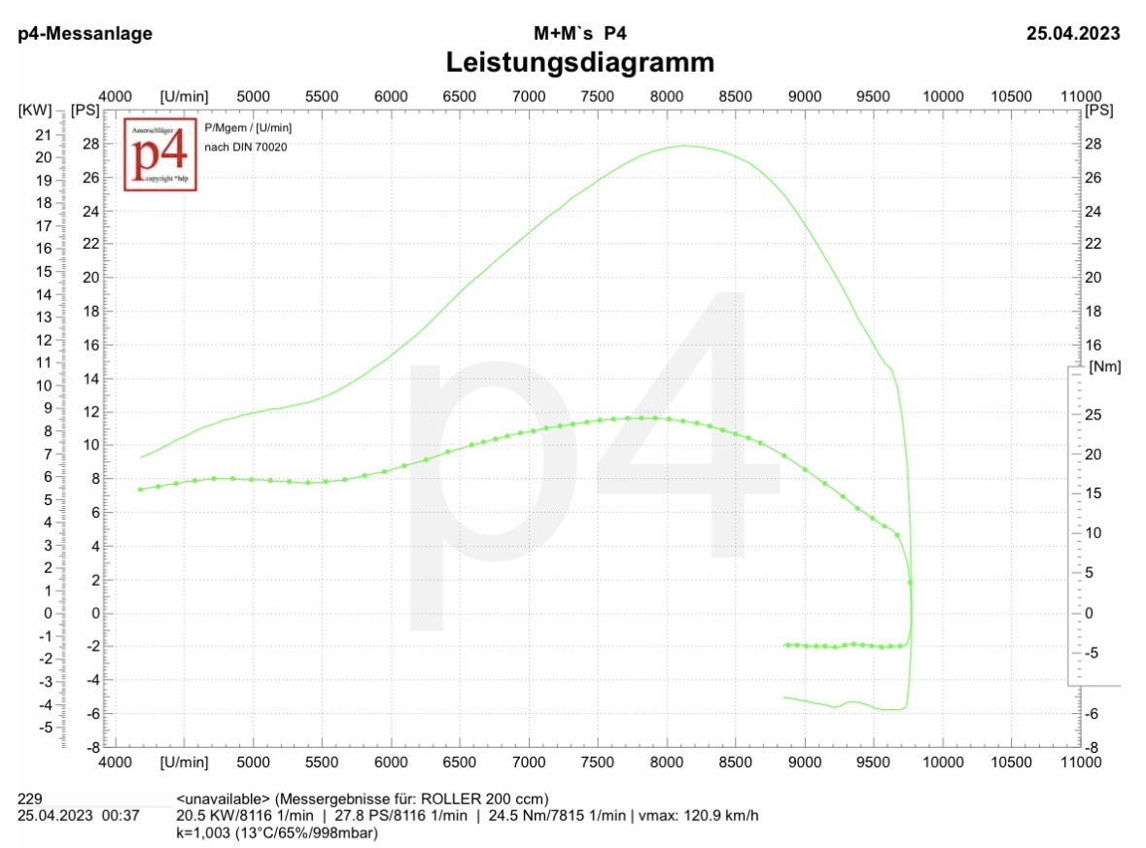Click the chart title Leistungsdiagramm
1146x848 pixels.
[x=579, y=63]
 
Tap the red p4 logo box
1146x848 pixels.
[x=160, y=154]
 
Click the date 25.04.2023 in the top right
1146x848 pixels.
[x=1073, y=34]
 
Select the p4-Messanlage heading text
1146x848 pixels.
[x=86, y=34]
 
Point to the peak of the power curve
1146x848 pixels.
[x=683, y=146]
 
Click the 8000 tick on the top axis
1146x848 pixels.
[x=667, y=96]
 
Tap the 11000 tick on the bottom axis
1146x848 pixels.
[x=1081, y=763]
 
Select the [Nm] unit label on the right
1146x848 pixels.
[x=1105, y=366]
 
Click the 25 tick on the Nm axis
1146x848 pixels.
[x=1093, y=415]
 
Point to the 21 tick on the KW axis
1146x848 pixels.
[x=43, y=134]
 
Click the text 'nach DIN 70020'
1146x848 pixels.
[x=246, y=147]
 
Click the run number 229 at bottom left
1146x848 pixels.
[x=30, y=797]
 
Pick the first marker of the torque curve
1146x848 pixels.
[x=140, y=489]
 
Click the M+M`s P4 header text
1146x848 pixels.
[x=579, y=34]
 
